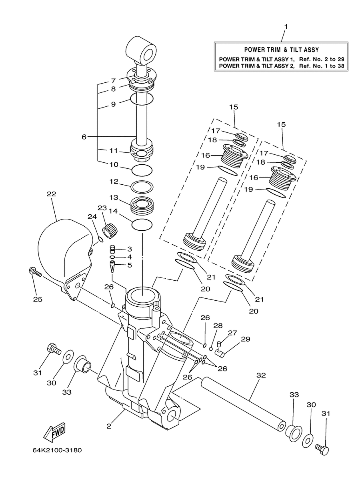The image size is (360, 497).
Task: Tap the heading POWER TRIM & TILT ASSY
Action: point(282,50)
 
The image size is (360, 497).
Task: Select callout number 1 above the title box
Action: point(286,27)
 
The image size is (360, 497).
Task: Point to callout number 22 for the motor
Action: point(51,194)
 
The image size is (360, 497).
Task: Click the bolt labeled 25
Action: point(35,272)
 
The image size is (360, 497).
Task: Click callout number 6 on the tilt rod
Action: point(84,137)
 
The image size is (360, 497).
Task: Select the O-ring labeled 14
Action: point(142,225)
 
